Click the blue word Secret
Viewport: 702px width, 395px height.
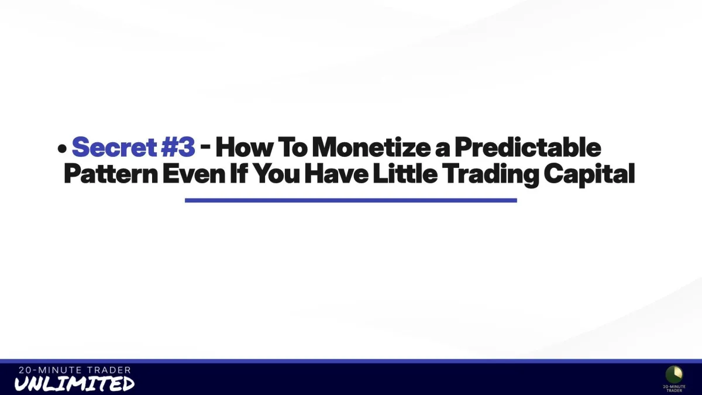tap(114, 147)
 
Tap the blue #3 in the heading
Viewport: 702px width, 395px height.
tap(178, 147)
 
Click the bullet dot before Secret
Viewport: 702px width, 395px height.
tap(62, 149)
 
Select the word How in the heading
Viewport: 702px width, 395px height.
tap(244, 147)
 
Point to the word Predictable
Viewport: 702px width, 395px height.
tap(528, 147)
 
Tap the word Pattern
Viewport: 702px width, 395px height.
tap(111, 173)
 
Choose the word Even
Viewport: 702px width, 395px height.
tap(194, 173)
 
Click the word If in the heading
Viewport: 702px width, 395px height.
tap(239, 173)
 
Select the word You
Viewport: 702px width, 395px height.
tap(276, 173)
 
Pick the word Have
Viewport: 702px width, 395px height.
tap(336, 173)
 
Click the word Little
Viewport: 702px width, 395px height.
tap(405, 173)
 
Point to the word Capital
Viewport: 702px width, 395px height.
tap(589, 175)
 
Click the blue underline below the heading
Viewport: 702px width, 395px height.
tap(350, 200)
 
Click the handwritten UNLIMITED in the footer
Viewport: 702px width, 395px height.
tap(75, 383)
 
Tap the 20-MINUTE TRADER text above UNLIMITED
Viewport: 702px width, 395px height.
tap(75, 370)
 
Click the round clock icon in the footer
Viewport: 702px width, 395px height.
tap(674, 375)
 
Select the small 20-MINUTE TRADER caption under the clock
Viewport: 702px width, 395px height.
tap(674, 389)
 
